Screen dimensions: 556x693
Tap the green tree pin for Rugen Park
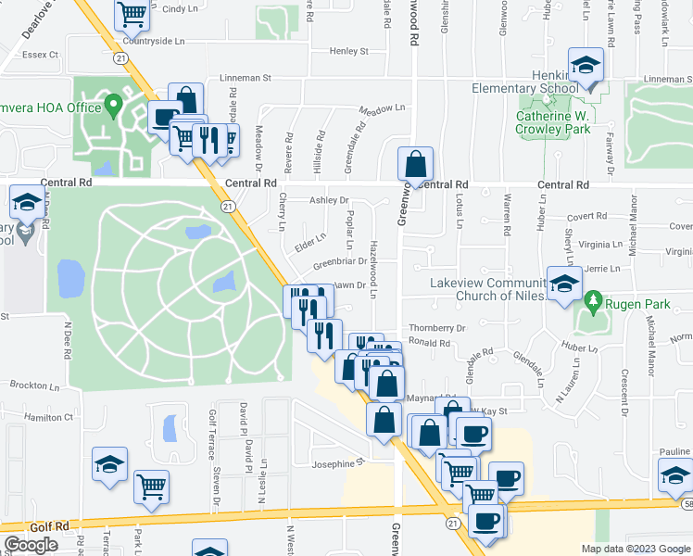point(592,302)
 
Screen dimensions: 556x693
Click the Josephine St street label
point(338,464)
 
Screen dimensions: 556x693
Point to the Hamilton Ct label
point(48,418)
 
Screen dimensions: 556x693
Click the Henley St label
point(351,51)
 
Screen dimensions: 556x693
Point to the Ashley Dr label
point(330,200)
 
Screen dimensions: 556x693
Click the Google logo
point(30,545)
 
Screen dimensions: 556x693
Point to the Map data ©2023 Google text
point(636,549)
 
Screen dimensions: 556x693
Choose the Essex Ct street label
point(40,55)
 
